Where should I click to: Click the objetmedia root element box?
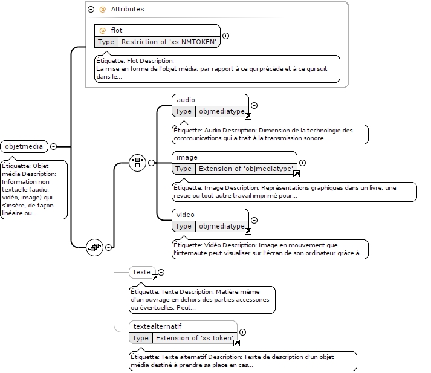pos(24,146)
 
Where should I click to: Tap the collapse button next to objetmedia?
pos(54,146)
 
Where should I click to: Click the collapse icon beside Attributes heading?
pos(91,9)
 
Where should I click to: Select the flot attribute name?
pos(117,30)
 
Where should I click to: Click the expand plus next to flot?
pos(225,36)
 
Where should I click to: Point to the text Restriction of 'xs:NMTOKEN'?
pos(169,42)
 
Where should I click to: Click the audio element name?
pos(186,100)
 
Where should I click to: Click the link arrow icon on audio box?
pos(248,116)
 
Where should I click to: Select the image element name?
pos(187,157)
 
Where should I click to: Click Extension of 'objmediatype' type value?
pos(246,169)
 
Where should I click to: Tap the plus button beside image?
pos(302,163)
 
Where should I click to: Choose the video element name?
pos(185,215)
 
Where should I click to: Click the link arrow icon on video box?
pos(248,231)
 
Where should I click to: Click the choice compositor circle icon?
pos(137,163)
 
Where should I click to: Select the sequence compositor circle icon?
pos(94,248)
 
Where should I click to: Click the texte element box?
pos(143,272)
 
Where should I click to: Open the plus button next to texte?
pos(161,273)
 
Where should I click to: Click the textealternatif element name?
pos(158,326)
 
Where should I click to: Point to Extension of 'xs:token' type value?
pos(195,338)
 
